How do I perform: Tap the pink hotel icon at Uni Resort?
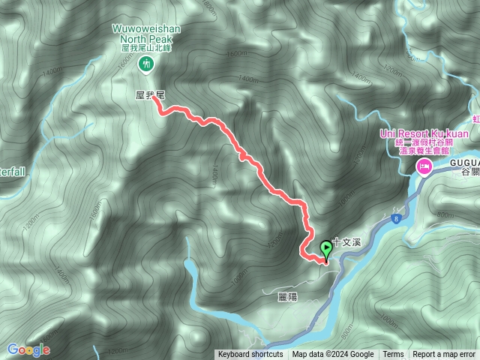click(x=424, y=166)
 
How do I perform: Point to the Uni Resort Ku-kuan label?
click(x=424, y=133)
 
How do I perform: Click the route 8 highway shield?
click(x=394, y=219)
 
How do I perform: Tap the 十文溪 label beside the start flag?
click(x=347, y=243)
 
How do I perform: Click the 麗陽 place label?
click(x=287, y=297)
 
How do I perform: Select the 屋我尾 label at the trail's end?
click(x=149, y=95)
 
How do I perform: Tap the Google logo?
click(x=28, y=349)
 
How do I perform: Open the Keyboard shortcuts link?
click(x=250, y=355)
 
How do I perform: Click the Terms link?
click(x=393, y=355)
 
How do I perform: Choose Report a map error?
click(x=444, y=355)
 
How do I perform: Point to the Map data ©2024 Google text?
click(x=333, y=355)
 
